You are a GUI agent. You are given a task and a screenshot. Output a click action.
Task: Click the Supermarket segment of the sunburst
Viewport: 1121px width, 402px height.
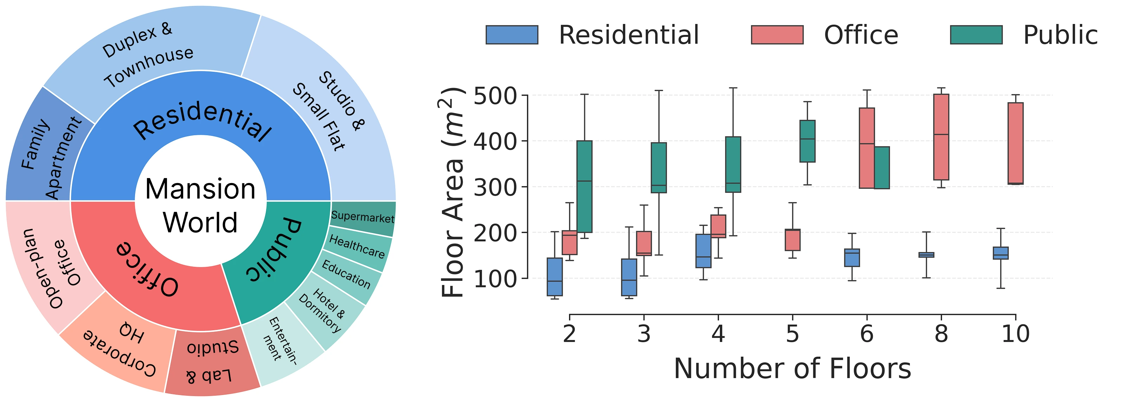363,216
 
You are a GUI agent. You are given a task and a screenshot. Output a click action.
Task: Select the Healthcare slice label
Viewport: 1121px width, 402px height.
357,246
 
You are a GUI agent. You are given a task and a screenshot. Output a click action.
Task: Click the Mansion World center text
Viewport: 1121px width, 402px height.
201,206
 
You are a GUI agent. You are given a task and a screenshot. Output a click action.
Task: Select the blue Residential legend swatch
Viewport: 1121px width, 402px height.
512,35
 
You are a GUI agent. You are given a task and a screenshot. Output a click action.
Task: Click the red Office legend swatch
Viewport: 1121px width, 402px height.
777,35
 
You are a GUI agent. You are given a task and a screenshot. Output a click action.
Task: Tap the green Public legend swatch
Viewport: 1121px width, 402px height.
976,35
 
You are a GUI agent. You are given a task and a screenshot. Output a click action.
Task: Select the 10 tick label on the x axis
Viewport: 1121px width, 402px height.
1015,334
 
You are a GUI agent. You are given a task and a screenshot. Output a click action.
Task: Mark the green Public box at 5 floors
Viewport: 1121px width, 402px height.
808,141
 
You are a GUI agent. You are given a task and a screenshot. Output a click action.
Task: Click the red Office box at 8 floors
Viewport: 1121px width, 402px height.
941,137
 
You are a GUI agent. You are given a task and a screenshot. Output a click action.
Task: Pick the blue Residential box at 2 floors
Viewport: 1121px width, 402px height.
555,277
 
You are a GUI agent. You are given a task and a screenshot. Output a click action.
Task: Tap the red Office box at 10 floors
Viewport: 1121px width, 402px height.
1016,143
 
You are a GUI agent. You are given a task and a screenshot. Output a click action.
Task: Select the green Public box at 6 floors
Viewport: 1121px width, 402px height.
882,168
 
